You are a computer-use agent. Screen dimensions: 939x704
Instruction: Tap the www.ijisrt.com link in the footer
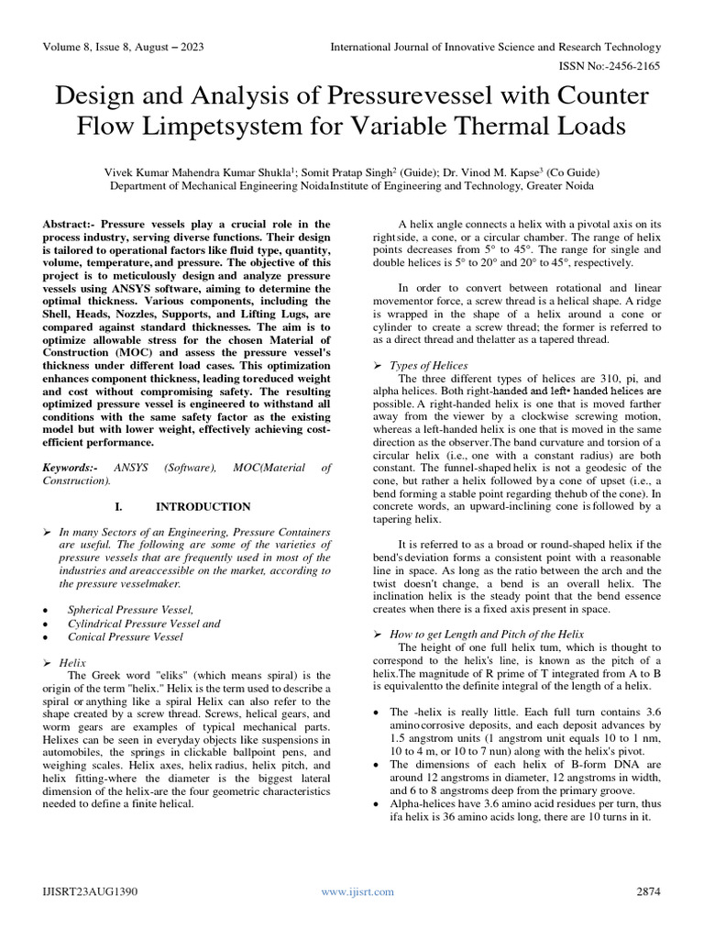351,890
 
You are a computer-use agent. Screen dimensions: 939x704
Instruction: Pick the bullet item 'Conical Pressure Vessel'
125,636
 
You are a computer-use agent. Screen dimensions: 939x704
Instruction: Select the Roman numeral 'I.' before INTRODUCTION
118,506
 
